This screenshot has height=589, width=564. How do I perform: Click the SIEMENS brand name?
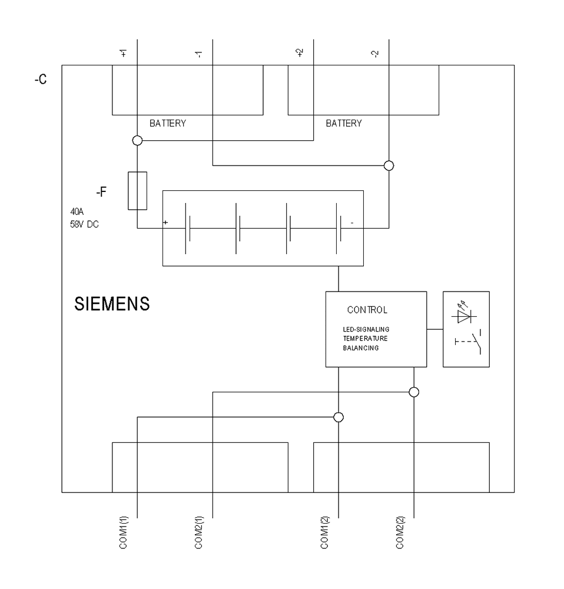pyautogui.click(x=112, y=305)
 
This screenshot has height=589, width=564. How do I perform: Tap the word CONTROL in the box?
pyautogui.click(x=367, y=309)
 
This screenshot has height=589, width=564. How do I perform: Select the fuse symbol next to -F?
pyautogui.click(x=137, y=191)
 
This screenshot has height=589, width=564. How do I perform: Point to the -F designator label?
pyautogui.click(x=101, y=191)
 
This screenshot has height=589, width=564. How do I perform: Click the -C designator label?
pyautogui.click(x=41, y=80)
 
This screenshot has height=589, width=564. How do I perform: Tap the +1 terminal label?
pyautogui.click(x=123, y=54)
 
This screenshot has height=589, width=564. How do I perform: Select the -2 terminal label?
pyautogui.click(x=376, y=54)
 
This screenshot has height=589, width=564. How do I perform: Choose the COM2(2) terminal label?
pyautogui.click(x=400, y=533)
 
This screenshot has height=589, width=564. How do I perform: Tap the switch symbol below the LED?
pyautogui.click(x=467, y=344)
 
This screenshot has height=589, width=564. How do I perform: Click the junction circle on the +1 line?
pyautogui.click(x=137, y=141)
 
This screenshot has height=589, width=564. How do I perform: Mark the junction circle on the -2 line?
pyautogui.click(x=389, y=166)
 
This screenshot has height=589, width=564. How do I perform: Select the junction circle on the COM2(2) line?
pyautogui.click(x=414, y=392)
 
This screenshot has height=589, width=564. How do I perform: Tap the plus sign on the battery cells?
pyautogui.click(x=166, y=223)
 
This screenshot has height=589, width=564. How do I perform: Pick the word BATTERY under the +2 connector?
pyautogui.click(x=344, y=124)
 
